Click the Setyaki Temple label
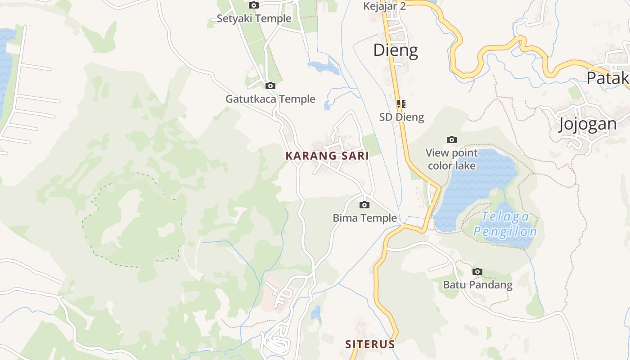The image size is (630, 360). (x=254, y=18)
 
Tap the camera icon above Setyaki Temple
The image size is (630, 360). (x=254, y=5)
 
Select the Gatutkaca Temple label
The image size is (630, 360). (x=270, y=99)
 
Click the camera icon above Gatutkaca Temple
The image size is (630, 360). (x=270, y=85)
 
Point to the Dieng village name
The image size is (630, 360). (x=396, y=50)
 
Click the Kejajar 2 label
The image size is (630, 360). (x=384, y=6)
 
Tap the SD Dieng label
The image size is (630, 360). (x=401, y=117)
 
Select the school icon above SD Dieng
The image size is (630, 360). (x=401, y=104)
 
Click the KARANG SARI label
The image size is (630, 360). (x=327, y=156)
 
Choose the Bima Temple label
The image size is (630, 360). (x=364, y=218)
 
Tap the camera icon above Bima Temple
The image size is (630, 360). (x=364, y=205)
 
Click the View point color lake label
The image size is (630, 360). (x=452, y=159)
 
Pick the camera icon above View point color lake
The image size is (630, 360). (x=452, y=140)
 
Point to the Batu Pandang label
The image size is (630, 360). (x=477, y=285)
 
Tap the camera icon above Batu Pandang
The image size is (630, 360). (x=477, y=271)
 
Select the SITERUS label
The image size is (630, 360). (x=370, y=344)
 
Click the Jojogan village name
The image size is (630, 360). (x=587, y=124)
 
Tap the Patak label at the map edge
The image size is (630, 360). (x=607, y=78)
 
